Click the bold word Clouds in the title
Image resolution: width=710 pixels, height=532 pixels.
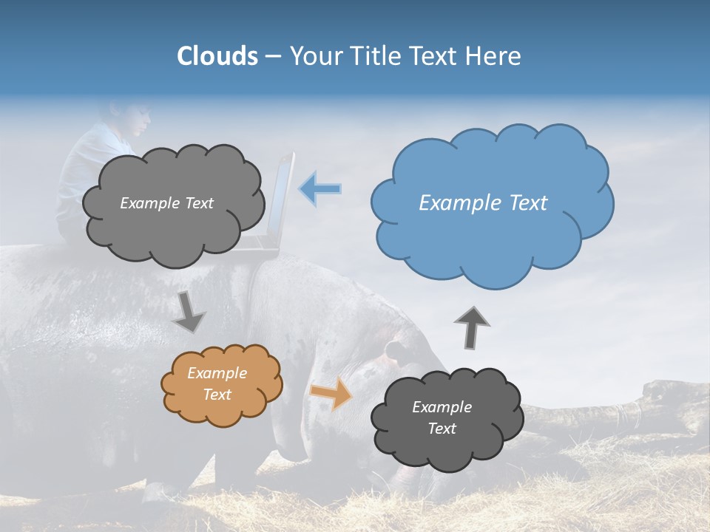coord(217,56)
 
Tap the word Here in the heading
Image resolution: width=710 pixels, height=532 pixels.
coord(494,56)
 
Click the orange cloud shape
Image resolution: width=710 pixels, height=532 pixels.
coord(222,385)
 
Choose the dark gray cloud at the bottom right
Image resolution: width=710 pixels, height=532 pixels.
coord(447,418)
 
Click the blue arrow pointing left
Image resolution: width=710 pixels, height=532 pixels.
coord(319,189)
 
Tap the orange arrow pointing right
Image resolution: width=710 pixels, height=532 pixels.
coord(331,393)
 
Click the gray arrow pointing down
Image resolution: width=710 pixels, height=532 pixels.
coord(189,312)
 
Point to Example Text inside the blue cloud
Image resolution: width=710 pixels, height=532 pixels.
coord(483,203)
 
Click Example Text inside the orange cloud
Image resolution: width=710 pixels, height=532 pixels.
coord(217,383)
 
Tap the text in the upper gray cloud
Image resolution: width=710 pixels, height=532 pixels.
coord(166,203)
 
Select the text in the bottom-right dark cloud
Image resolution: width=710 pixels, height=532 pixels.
coord(442,417)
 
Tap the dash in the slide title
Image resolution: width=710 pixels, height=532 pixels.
coord(273,56)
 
